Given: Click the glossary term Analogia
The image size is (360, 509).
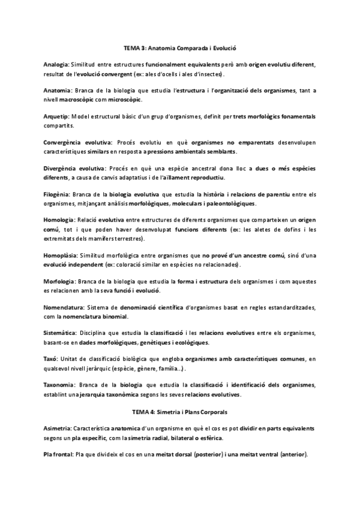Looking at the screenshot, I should [56, 64].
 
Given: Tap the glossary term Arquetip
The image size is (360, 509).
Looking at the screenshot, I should [56, 116].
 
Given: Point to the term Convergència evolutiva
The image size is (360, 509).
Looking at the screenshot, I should [78, 142].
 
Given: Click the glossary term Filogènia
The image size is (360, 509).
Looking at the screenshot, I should [57, 194].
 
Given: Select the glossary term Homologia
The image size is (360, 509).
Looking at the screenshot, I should [59, 221].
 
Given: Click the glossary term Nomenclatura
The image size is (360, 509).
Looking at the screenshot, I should [64, 307].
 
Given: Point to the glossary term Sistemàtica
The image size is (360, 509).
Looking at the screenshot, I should [59, 333].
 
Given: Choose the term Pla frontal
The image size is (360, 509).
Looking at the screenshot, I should [58, 438].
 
